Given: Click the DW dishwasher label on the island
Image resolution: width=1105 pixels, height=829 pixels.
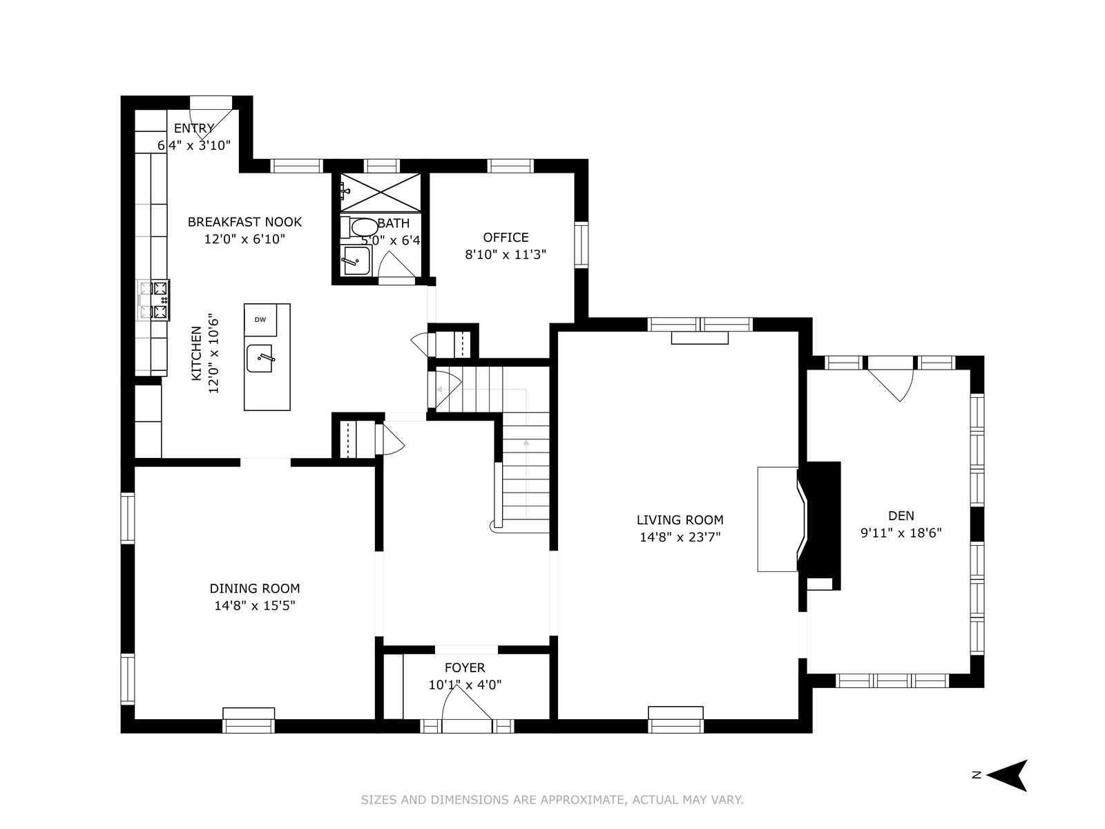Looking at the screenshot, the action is [260, 320].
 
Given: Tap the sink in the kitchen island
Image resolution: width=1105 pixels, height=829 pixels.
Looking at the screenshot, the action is [260, 359].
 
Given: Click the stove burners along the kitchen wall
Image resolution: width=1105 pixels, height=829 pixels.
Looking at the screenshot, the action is [153, 301].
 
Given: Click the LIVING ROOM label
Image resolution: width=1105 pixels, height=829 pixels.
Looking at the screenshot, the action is [680, 520].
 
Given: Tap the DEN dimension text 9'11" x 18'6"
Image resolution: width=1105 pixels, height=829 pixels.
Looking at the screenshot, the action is [901, 533].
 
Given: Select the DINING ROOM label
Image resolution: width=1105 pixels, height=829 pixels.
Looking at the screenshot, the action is [255, 589].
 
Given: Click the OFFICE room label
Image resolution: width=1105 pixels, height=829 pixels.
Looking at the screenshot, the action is [506, 238].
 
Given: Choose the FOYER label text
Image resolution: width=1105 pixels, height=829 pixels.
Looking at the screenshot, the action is [465, 668].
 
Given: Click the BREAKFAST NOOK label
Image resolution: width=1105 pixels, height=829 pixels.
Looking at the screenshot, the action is [244, 222].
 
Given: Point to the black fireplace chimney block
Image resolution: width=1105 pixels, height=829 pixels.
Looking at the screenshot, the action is [823, 525].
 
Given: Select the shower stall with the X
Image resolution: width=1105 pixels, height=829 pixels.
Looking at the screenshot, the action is [381, 192].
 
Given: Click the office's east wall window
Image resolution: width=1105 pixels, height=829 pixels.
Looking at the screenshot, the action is [582, 245].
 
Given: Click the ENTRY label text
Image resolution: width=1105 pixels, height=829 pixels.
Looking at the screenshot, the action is [194, 128].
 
